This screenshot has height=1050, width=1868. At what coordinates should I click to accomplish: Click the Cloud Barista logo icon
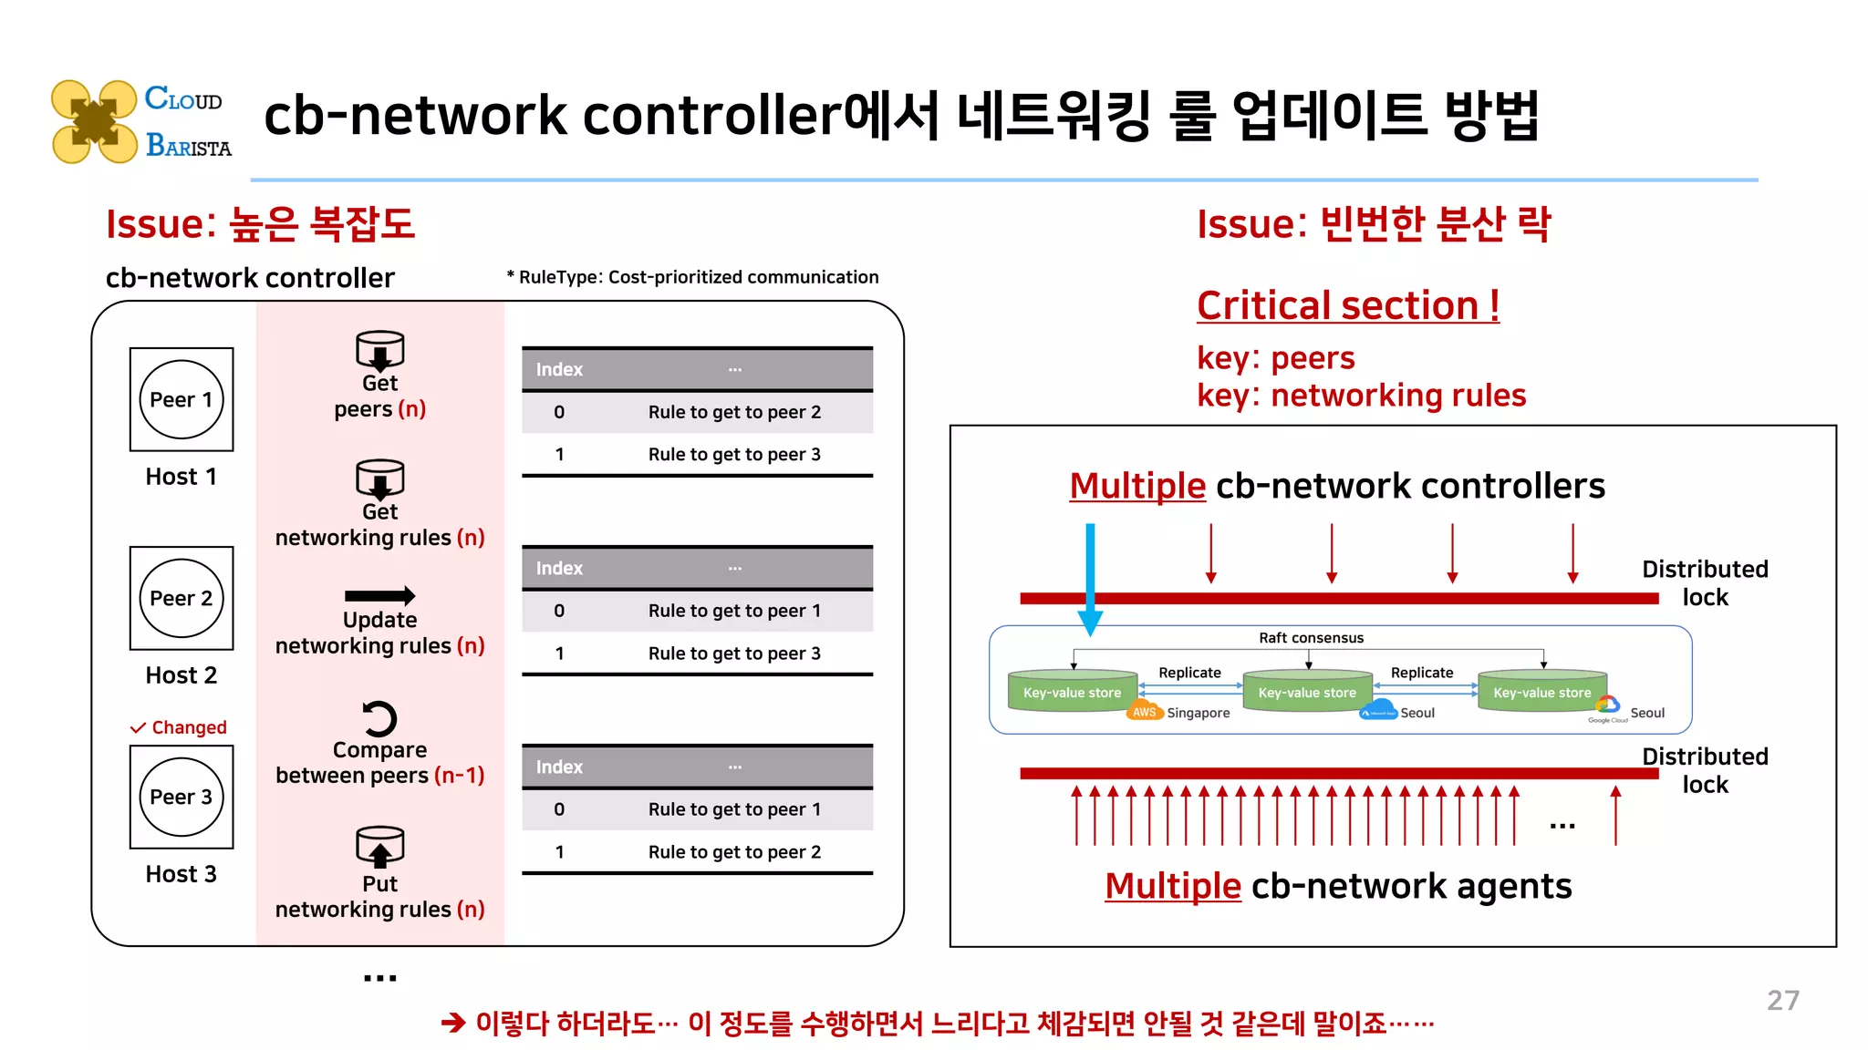point(94,121)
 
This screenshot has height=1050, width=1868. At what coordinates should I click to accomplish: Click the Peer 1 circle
point(182,399)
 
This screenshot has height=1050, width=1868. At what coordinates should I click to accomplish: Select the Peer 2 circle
point(182,598)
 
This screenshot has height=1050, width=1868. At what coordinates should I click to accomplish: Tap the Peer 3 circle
point(182,797)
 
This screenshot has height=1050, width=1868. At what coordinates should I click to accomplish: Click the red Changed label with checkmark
point(179,727)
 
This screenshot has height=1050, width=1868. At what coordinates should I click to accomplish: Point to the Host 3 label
point(182,874)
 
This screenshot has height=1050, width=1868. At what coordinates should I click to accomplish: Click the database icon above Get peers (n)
point(379,350)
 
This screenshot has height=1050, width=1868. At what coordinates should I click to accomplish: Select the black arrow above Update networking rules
point(379,596)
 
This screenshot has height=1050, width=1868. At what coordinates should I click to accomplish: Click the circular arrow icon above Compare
point(379,718)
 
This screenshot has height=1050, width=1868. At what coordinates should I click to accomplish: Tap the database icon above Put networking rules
point(379,847)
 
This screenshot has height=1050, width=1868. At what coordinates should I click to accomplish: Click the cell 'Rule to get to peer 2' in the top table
point(734,412)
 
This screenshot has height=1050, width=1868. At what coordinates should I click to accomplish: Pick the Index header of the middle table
point(559,568)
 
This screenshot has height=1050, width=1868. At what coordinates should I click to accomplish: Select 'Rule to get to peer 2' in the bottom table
point(734,851)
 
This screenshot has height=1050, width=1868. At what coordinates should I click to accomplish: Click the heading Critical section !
point(1347,305)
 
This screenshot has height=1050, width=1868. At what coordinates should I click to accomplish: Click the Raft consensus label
point(1311,638)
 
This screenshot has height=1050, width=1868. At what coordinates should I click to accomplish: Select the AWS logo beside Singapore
point(1144,712)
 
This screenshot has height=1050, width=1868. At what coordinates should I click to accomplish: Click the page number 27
point(1782,1000)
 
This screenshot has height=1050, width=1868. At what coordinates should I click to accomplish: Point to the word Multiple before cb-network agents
point(1172,886)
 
